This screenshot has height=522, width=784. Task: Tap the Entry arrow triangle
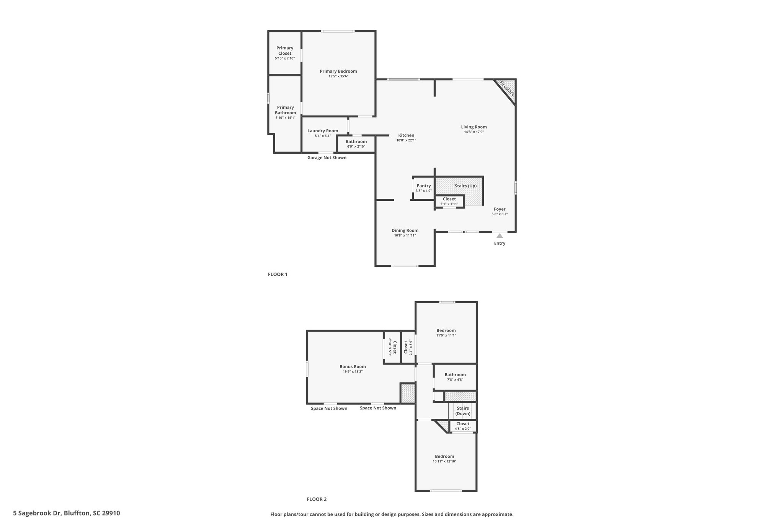click(500, 236)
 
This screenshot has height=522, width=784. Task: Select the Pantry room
click(424, 188)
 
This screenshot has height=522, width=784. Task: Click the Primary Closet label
click(285, 50)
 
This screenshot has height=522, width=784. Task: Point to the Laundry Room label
click(323, 131)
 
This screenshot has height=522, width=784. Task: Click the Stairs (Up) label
click(465, 186)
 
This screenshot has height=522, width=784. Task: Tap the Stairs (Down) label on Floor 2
click(463, 411)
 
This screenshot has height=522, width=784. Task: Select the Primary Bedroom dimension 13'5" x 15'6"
click(338, 76)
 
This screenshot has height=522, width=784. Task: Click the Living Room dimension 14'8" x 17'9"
click(474, 132)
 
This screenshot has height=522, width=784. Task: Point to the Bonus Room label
click(353, 366)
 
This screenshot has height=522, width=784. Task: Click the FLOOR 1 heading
click(278, 274)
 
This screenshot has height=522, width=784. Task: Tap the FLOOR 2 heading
click(317, 499)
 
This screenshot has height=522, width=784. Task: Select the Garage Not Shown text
click(327, 158)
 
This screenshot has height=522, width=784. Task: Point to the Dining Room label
click(405, 230)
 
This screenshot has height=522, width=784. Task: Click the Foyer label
click(500, 209)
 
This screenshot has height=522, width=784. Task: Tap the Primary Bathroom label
click(286, 110)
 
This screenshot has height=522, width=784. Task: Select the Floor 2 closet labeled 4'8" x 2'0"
click(463, 426)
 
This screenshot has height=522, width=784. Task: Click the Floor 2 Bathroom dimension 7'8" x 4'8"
click(455, 380)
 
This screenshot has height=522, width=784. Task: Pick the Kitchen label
click(406, 135)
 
